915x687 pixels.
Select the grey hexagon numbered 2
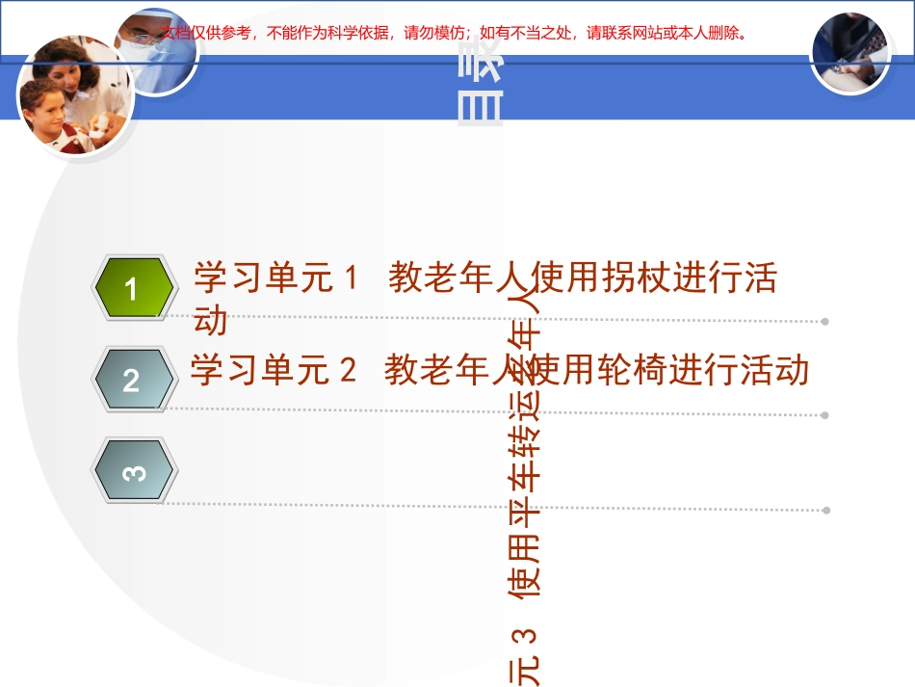point(133,380)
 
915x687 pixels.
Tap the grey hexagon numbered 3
point(133,471)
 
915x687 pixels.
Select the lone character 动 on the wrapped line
point(211,320)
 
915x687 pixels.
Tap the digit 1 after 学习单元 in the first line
point(351,279)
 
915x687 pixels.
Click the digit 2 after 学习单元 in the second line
point(348,370)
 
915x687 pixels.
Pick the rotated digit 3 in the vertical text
point(525,636)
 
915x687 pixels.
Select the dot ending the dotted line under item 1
point(825,322)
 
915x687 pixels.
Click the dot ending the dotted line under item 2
point(825,415)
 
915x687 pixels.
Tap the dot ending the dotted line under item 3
point(825,510)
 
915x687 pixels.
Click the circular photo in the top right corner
point(850,53)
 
